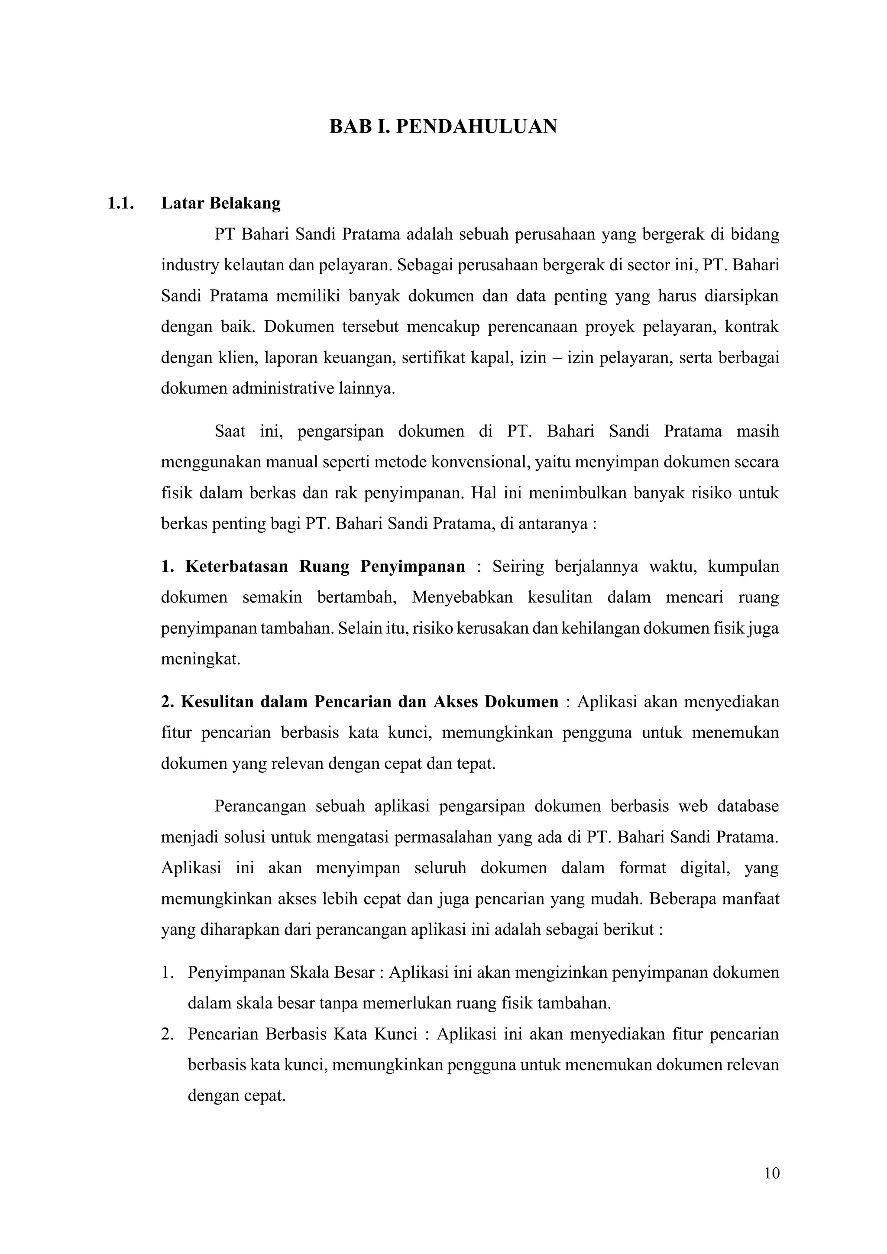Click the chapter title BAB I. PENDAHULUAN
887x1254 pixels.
point(443,127)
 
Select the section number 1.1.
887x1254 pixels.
point(121,203)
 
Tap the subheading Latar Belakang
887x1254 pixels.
point(220,203)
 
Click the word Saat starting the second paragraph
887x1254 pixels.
point(230,431)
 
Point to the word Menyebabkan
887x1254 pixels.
point(462,597)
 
